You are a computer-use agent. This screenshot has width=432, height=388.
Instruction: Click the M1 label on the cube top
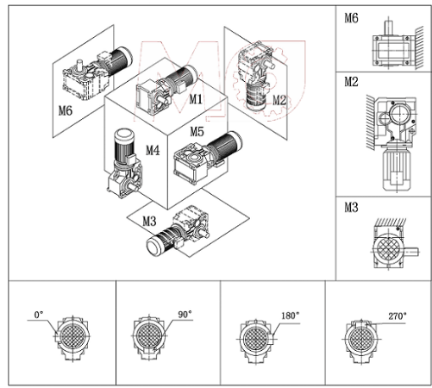(x=196, y=99)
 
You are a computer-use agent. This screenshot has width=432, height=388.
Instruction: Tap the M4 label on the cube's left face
(x=153, y=150)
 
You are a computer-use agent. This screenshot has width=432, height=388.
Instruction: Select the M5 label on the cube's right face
(x=197, y=132)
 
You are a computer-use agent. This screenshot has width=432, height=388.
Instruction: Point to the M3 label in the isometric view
(x=149, y=221)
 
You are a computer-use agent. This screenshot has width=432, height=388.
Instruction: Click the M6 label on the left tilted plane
(x=66, y=110)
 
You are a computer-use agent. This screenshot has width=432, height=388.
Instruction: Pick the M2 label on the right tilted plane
(x=279, y=100)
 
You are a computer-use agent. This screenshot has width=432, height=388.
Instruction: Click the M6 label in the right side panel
(x=351, y=18)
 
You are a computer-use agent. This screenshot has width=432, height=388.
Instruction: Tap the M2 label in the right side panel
(x=351, y=82)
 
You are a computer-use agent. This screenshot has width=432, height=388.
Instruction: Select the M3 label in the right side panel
(x=351, y=207)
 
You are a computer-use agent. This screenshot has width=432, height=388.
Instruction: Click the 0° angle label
(x=39, y=315)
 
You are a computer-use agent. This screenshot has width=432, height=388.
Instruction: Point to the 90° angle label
(x=185, y=315)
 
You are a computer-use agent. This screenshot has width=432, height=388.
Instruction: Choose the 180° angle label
(x=290, y=316)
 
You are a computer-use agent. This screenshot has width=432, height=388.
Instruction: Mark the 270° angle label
(x=398, y=316)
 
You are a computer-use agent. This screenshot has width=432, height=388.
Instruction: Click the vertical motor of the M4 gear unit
(x=124, y=147)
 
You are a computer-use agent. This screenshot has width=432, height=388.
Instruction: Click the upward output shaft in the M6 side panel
(x=389, y=27)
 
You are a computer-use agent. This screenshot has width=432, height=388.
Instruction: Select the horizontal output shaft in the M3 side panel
(x=411, y=253)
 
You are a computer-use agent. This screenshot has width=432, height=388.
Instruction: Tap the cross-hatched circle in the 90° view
(x=149, y=335)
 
